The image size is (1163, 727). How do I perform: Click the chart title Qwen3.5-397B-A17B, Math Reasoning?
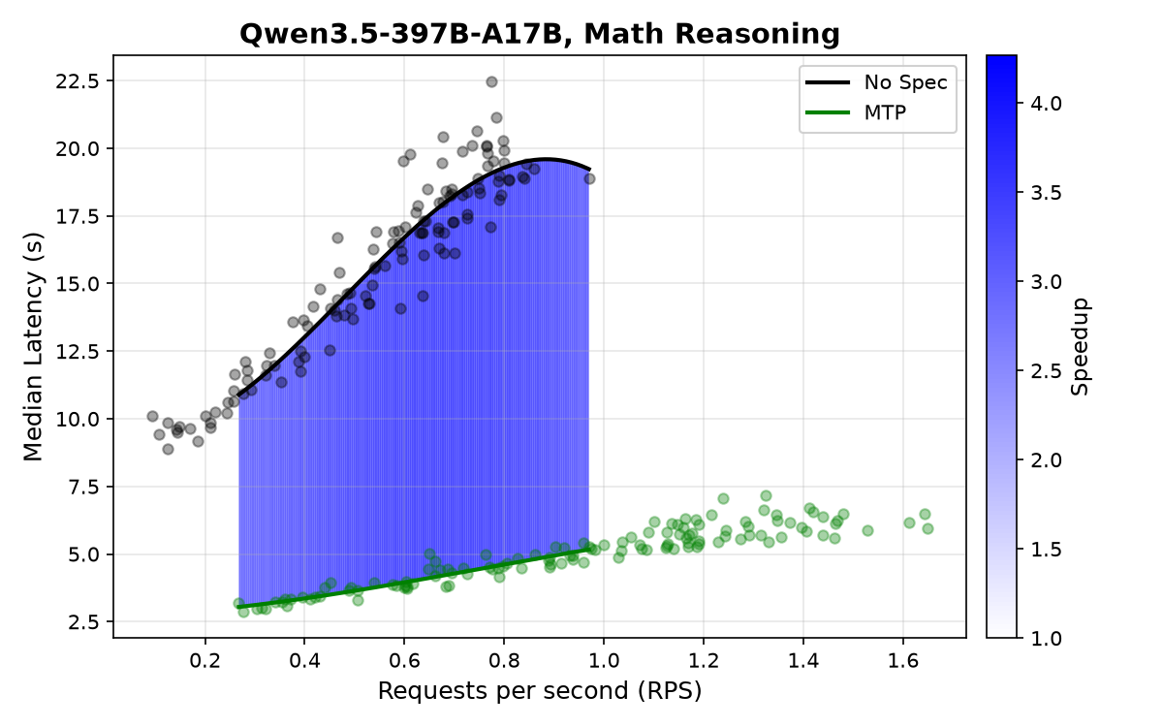[x=540, y=34]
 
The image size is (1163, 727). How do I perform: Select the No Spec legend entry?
[x=877, y=82]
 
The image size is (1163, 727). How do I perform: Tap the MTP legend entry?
[x=856, y=112]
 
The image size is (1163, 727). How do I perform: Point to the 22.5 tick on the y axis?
[x=78, y=81]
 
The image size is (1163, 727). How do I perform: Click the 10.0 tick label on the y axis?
[x=78, y=419]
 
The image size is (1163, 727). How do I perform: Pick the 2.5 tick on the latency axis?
[x=83, y=622]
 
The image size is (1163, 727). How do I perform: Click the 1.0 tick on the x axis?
[x=604, y=660]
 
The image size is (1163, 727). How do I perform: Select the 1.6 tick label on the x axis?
[x=903, y=660]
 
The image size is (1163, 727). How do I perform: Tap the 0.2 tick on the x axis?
[x=205, y=660]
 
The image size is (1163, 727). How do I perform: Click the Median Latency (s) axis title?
[x=33, y=346]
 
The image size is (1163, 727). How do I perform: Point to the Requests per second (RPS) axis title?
[x=540, y=691]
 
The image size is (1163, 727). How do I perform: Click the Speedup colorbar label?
[x=1080, y=346]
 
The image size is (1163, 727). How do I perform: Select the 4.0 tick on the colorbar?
[x=1046, y=104]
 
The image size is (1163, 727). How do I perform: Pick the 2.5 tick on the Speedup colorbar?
[x=1046, y=370]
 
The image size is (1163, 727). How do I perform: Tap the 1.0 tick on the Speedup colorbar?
[x=1046, y=638]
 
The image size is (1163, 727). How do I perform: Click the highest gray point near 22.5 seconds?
[x=491, y=81]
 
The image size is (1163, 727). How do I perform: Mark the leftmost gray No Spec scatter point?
[x=152, y=416]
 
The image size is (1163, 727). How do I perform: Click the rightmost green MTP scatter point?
[x=927, y=528]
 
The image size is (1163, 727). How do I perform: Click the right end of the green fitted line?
[x=590, y=549]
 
